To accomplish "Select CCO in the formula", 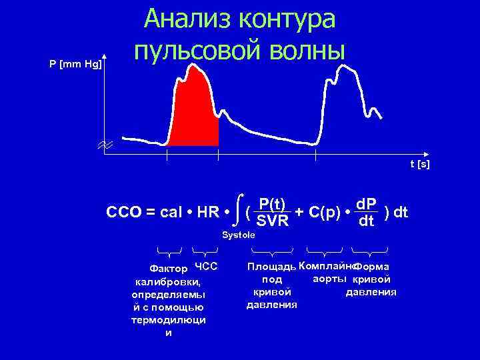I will (x=122, y=213).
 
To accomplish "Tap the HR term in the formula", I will (x=205, y=213).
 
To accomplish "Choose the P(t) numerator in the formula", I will (x=273, y=204).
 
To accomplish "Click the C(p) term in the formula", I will (x=327, y=213).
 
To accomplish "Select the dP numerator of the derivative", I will (x=366, y=203).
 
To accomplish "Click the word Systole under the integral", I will (x=238, y=235).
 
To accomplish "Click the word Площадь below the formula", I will (x=271, y=267).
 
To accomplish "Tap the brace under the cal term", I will (x=169, y=251).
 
